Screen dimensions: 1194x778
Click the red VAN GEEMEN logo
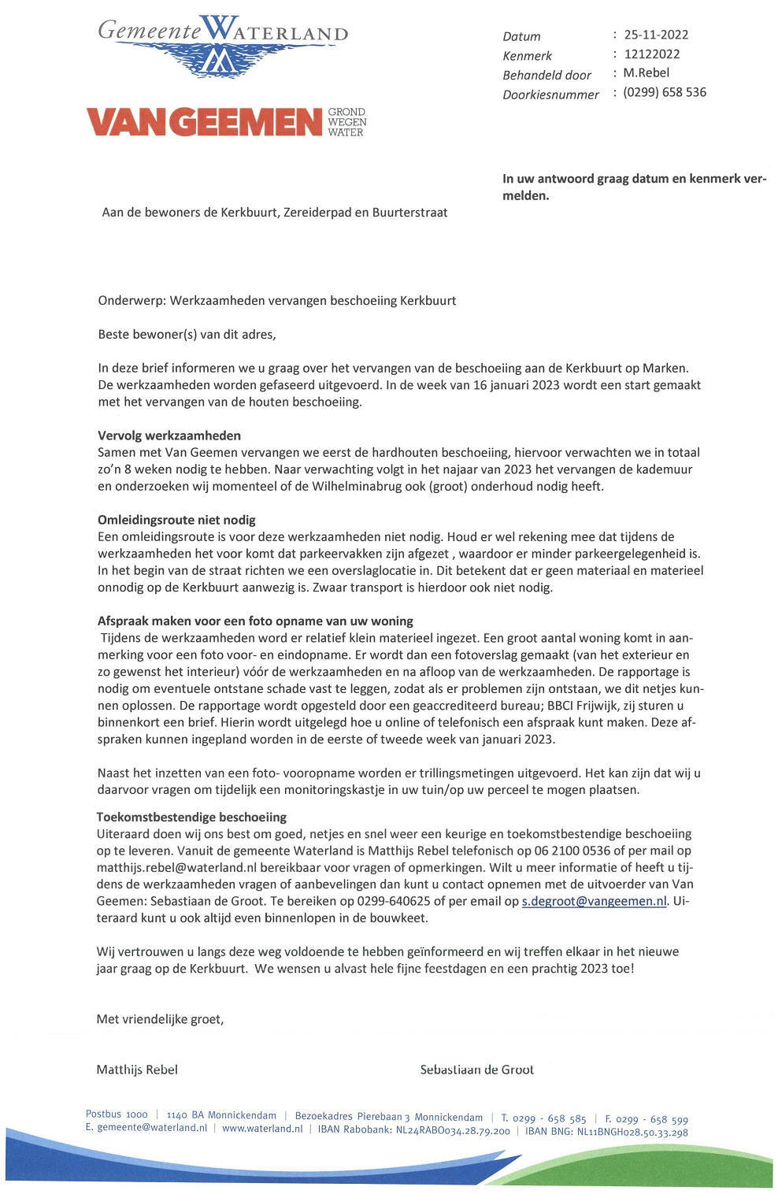click(x=226, y=122)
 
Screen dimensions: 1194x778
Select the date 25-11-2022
click(x=656, y=35)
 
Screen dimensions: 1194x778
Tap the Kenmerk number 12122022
click(x=651, y=54)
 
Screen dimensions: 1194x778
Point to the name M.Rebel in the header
click(x=646, y=73)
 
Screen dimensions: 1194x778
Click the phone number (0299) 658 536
click(x=664, y=92)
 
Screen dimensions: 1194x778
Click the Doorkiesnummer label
click(x=550, y=95)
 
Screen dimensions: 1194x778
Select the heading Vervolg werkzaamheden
click(x=169, y=436)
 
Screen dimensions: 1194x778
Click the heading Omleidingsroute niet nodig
click(x=176, y=520)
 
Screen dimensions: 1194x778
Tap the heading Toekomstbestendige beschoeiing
click(x=191, y=817)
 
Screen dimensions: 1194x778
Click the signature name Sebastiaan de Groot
click(x=476, y=1069)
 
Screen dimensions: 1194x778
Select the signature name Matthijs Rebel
click(x=137, y=1069)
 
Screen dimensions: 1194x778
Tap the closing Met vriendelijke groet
click(x=160, y=1019)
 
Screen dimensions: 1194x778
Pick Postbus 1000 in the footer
click(x=117, y=1114)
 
